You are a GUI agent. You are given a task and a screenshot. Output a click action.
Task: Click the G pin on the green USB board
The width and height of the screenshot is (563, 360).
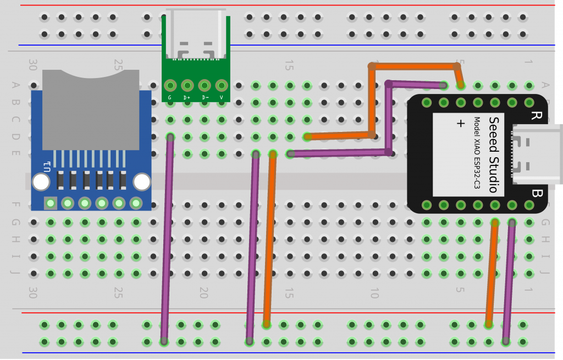170,86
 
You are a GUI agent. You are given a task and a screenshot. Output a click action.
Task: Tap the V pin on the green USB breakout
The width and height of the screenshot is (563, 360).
222,86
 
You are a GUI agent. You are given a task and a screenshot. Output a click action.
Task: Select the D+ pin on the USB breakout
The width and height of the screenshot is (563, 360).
187,86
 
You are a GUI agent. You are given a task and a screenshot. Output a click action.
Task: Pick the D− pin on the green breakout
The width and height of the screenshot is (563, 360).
205,86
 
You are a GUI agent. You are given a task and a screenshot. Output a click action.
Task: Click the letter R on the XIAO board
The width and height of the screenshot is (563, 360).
535,115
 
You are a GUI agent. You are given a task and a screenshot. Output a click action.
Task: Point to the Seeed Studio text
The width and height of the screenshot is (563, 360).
493,154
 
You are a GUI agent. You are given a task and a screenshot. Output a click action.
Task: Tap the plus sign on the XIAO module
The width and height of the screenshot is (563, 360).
461,123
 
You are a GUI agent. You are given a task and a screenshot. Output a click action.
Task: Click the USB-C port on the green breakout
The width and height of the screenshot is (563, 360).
196,34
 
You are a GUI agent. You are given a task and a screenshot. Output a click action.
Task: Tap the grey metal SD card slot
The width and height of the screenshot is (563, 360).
91,110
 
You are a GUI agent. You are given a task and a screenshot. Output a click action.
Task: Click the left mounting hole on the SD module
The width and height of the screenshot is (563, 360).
41,182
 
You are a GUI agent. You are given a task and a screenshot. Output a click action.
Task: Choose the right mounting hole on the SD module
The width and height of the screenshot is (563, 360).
141,182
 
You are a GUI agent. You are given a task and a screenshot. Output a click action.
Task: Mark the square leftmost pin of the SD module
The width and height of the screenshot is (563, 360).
51,203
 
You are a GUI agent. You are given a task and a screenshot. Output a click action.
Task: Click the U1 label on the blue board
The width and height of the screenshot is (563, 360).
47,164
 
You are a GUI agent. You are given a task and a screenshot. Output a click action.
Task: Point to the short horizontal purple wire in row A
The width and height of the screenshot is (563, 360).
416,85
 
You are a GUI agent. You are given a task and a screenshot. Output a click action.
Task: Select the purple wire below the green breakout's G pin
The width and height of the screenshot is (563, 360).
167,236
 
